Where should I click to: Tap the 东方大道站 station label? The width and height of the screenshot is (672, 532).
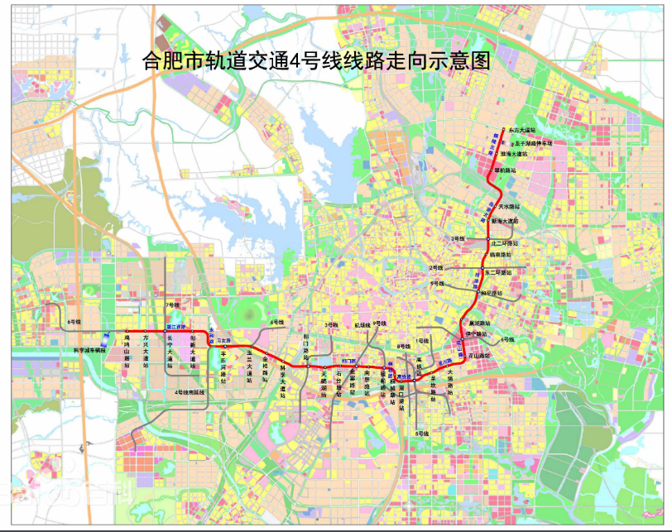(523, 130)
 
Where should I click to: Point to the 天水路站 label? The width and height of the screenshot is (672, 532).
(509, 206)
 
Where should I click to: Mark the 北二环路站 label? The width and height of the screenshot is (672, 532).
(504, 243)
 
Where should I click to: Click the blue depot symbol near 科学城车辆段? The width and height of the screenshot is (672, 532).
(104, 338)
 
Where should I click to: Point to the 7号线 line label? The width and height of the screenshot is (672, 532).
(172, 305)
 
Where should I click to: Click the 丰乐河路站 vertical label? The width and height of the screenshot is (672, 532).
(224, 366)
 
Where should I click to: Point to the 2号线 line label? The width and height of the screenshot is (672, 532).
(436, 268)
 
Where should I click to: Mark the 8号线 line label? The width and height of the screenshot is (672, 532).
(404, 346)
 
